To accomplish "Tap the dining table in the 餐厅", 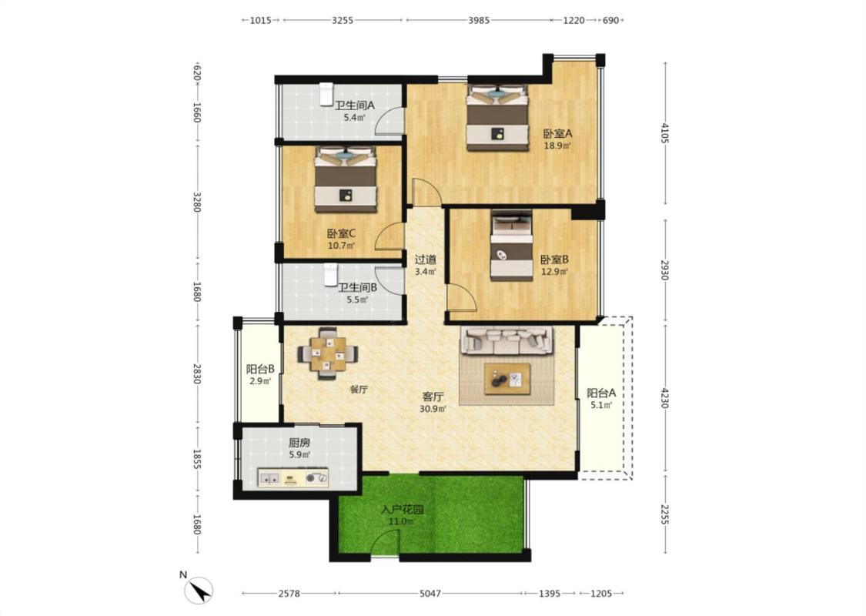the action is coord(327,354).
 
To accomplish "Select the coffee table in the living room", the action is coord(507,379).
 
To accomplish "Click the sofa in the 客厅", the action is coord(507,340).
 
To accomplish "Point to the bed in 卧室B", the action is coord(512,246).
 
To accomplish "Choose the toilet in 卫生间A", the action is coord(326,95).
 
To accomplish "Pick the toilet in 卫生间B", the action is coord(330,275).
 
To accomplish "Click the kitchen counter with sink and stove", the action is coord(293,478).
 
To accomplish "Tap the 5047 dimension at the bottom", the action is coord(430,594).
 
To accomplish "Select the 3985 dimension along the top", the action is coord(479,21).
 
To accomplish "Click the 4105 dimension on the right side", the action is coord(665,133).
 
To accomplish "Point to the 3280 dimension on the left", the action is coord(197,202).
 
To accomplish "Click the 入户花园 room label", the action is coord(402,510).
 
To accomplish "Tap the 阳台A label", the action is coord(601,393).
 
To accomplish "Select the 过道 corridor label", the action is coord(426,259).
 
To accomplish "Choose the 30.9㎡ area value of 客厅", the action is coord(433,410).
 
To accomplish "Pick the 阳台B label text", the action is coord(260,369).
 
